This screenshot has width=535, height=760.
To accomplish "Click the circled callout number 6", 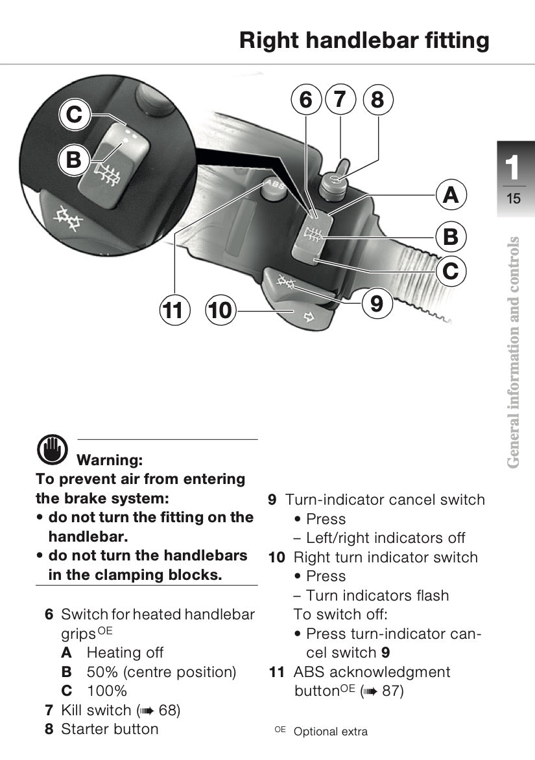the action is pos(306,100).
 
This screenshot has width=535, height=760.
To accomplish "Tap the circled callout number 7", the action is pos(340,100).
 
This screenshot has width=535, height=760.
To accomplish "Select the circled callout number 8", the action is pos(378,100).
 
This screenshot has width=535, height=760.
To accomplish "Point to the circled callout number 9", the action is pos(377,303).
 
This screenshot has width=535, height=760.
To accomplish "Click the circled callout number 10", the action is pos(220,310).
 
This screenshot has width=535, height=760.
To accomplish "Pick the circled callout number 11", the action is pos(174,310).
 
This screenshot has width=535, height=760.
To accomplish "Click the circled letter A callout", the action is pos(451,195).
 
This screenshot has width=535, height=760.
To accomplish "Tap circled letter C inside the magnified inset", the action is pos(74,115).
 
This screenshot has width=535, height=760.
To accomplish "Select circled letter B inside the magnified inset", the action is pos(74,159).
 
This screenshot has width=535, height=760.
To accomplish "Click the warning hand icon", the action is pos(53,449).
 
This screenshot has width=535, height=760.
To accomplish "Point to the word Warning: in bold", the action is pos(110,459).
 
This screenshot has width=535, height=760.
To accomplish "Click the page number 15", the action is pos(513,199).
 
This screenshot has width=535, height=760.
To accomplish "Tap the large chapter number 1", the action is pos(512,168).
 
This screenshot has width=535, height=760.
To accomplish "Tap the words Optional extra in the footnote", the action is pos(330,732).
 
